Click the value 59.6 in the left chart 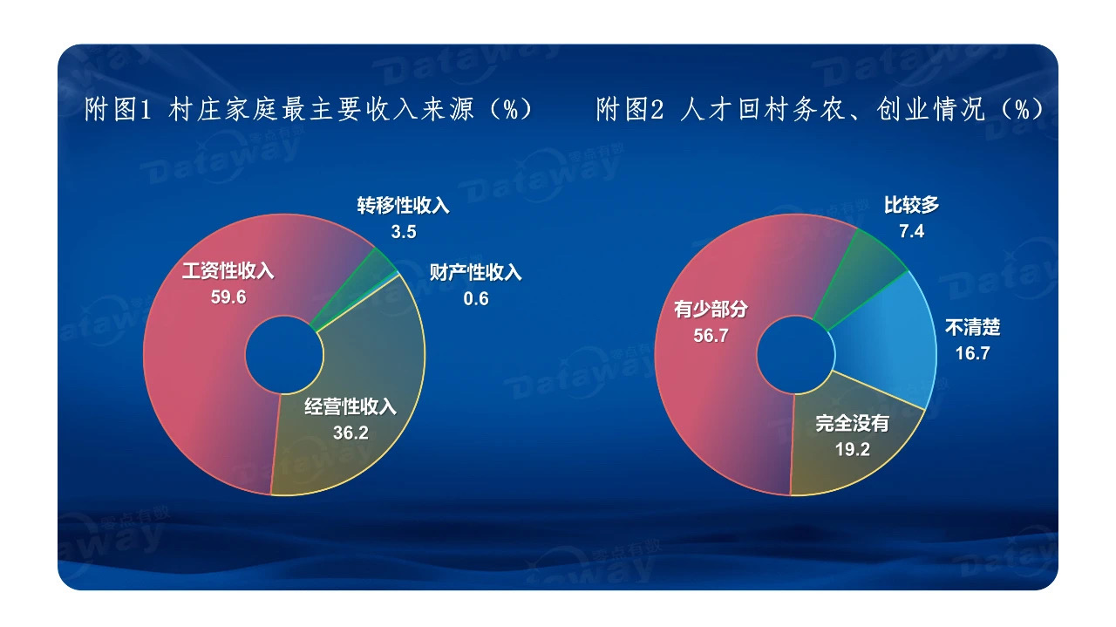tap(228, 297)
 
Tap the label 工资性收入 tap(228, 270)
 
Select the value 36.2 tap(350, 433)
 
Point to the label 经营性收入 tap(350, 406)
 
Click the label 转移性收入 tap(403, 205)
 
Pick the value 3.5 tap(404, 232)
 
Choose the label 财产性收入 tap(476, 272)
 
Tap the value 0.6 tap(476, 298)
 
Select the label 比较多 tap(912, 205)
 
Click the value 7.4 tap(912, 231)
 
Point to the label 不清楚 tap(972, 327)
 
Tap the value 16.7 tap(972, 353)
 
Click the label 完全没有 tap(853, 423)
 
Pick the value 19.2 tap(853, 450)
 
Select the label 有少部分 tap(711, 309)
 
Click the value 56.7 tap(711, 336)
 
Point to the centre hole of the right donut tap(796, 355)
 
